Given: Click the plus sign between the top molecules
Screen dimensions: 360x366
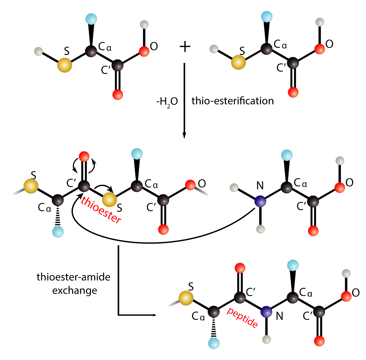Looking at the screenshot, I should point(185,47).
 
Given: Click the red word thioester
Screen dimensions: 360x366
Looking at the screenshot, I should point(101,210).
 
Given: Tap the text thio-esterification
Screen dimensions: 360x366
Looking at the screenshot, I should point(233,101).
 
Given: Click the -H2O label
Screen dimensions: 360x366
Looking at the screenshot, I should point(167,102).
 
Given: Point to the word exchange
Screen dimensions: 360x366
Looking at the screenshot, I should point(75,290).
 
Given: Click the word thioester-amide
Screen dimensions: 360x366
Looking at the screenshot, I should point(73,277).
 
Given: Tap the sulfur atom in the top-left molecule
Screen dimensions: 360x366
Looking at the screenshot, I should point(65,65).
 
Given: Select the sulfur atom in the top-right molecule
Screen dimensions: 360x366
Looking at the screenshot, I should point(238,62).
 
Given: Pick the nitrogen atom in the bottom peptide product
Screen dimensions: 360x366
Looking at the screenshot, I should point(266,312).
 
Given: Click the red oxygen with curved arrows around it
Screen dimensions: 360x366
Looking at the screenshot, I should point(84,157).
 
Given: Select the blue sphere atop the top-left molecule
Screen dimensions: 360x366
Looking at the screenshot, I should point(91,19).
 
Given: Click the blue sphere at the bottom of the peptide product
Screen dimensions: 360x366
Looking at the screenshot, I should point(214,343).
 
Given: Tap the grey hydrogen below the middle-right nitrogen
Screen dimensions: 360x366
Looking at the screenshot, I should point(260,229).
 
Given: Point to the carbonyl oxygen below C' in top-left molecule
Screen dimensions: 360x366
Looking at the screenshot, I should point(118,95).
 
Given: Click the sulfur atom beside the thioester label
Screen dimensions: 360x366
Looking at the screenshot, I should point(109,199).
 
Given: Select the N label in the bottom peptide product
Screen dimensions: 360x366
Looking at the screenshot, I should point(279,316).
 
